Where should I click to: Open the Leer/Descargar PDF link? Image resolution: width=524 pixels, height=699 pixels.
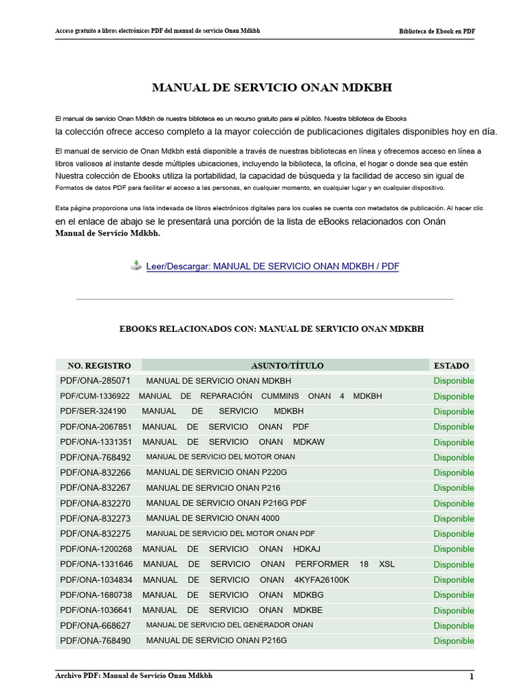(272, 266)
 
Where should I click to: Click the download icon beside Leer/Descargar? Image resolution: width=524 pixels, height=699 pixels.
(136, 266)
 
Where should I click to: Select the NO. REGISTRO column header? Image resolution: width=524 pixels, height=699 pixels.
(99, 366)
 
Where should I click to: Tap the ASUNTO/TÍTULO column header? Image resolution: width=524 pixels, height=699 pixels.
(287, 366)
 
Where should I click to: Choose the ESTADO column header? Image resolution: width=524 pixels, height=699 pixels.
(451, 366)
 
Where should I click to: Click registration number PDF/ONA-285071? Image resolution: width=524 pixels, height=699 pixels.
(95, 381)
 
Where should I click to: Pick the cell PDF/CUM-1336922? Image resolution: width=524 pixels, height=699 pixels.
(95, 396)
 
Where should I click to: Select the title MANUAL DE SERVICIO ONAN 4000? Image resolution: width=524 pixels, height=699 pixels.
(213, 518)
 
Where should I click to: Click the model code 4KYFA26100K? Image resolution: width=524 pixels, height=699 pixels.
(321, 580)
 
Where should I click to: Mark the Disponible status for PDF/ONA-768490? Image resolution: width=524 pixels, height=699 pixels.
(454, 641)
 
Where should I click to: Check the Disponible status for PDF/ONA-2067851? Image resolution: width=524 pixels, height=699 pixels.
(454, 427)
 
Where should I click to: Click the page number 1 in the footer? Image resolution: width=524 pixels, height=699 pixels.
(471, 676)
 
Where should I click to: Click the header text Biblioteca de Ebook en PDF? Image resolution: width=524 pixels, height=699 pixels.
(437, 32)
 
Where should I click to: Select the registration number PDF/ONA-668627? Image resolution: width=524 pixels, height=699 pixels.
(95, 625)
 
